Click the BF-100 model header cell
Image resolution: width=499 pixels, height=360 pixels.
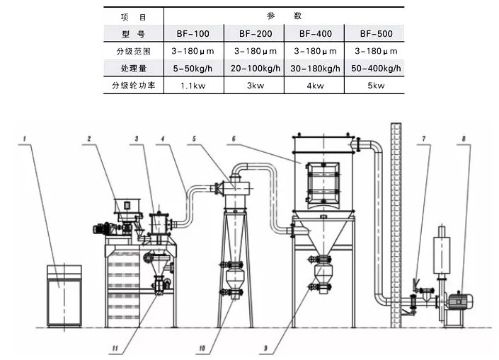click(193, 33)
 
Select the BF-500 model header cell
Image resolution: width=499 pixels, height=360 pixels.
click(374, 33)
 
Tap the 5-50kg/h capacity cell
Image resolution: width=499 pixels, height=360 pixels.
click(193, 68)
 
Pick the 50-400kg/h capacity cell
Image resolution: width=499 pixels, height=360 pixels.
click(374, 68)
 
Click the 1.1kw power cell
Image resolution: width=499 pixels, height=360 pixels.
click(193, 86)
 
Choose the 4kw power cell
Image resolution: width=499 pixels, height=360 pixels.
click(313, 86)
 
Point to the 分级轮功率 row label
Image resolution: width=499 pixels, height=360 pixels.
click(133, 86)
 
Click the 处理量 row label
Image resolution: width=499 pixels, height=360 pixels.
click(133, 68)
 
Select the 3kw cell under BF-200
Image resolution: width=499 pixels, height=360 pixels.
click(253, 86)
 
